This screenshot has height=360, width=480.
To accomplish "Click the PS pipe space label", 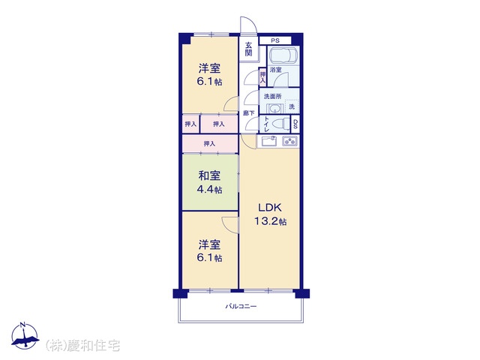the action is click(275, 40).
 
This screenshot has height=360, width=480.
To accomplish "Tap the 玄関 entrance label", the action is click(248, 49).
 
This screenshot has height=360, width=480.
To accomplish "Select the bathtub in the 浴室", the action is click(283, 55).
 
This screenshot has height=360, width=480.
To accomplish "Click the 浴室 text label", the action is click(275, 70).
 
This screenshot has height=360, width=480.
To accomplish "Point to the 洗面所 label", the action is click(272, 96).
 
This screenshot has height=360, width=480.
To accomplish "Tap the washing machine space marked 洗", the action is click(292, 106).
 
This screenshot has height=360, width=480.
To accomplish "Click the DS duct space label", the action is click(295, 124).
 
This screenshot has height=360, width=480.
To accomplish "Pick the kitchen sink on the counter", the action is click(269, 141).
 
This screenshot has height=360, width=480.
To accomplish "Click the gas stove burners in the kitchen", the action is click(289, 141).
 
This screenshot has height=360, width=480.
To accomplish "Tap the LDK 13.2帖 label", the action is click(270, 214).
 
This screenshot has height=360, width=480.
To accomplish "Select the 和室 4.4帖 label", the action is click(209, 182).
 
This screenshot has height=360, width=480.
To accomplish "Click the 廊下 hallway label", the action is click(248, 113).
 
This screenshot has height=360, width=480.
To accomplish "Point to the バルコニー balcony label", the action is click(241, 306).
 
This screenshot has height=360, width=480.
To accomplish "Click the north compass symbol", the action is click(25, 335).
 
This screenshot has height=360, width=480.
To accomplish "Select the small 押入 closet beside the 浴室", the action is click(262, 76).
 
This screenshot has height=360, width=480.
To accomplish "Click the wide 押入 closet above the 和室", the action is click(210, 143).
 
